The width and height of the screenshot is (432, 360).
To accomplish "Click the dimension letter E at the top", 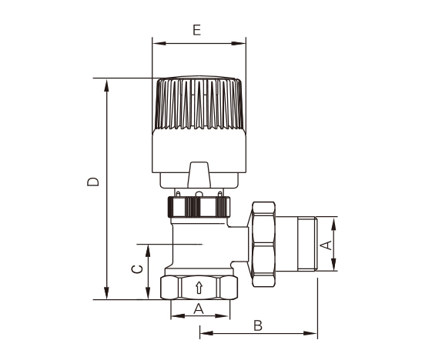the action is pyautogui.click(x=196, y=30).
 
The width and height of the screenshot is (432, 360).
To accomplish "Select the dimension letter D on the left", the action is pyautogui.click(x=93, y=182).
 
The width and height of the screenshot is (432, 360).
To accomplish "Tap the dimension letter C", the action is pyautogui.click(x=137, y=269).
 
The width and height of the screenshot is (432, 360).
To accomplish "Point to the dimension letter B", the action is pyautogui.click(x=258, y=325).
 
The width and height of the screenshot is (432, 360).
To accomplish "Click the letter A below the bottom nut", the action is pyautogui.click(x=199, y=308).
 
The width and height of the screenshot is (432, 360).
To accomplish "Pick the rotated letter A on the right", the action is pyautogui.click(x=327, y=245).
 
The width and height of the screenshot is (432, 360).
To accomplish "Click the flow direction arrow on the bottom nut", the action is pyautogui.click(x=199, y=288).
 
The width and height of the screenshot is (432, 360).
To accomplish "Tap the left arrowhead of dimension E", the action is pyautogui.click(x=159, y=43).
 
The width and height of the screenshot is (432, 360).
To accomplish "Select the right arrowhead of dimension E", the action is pyautogui.click(x=239, y=43).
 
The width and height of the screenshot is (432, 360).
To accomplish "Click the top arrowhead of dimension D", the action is pyautogui.click(x=106, y=85).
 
